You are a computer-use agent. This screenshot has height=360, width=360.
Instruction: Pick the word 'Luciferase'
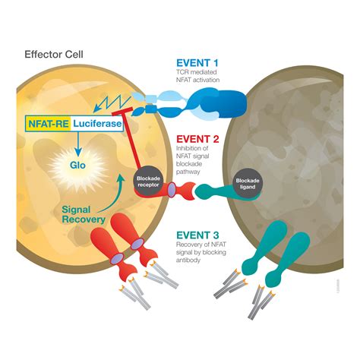pos(95,122)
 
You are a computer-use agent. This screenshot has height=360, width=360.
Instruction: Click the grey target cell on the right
pos(296,152)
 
